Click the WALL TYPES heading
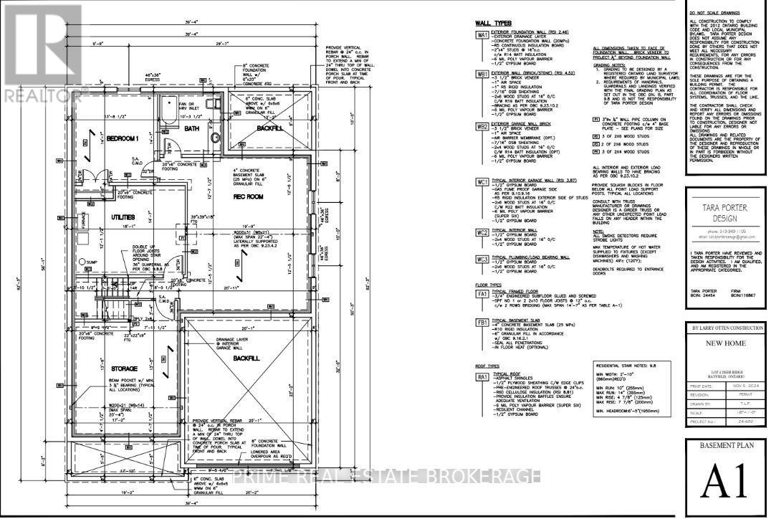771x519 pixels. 493,23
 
